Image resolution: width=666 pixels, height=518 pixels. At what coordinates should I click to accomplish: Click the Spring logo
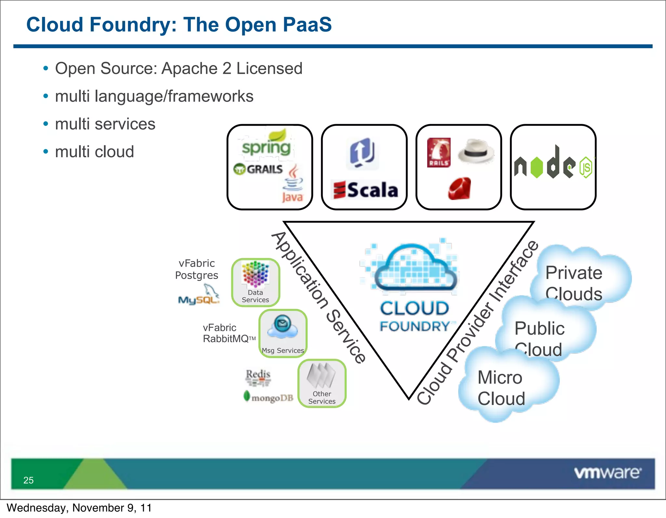pos(266,145)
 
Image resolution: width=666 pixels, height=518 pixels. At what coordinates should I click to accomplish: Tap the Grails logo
pos(259,169)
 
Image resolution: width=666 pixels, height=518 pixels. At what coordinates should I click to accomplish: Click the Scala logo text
pos(366,190)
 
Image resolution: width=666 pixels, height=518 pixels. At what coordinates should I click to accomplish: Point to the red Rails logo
pos(439,152)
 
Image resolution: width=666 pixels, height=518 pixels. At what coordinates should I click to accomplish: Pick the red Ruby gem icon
pos(459,188)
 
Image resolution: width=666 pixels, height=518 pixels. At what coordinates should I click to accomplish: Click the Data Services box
pos(256,282)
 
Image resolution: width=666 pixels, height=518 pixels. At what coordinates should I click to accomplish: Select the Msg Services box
pos(283,333)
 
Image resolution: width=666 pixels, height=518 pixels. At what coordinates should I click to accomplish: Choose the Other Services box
pos(322,383)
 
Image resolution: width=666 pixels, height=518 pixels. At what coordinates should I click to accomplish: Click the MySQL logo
pos(199,296)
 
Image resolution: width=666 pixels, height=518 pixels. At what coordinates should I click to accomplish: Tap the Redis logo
pos(258,377)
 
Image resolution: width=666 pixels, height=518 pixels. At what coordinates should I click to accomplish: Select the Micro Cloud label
pos(501,388)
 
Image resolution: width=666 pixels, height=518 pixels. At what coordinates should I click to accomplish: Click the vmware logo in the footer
pos(607,472)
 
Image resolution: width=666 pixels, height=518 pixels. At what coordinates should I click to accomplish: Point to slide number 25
pos(29,480)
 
